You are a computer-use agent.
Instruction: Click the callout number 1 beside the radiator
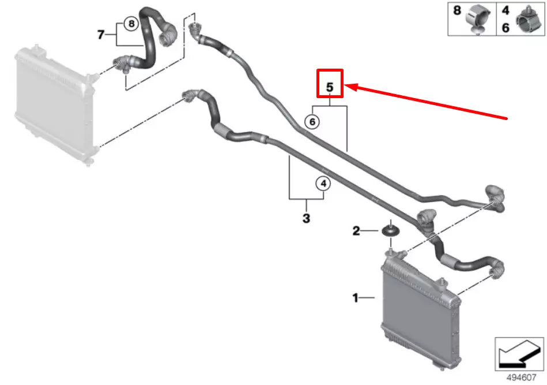(356, 298)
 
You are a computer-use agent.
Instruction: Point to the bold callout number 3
(306, 218)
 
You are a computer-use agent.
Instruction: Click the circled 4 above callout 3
(323, 184)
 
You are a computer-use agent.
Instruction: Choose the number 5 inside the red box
(330, 88)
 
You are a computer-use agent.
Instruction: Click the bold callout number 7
(101, 35)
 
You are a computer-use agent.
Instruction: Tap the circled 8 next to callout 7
(131, 24)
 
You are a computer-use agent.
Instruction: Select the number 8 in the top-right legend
(457, 11)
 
